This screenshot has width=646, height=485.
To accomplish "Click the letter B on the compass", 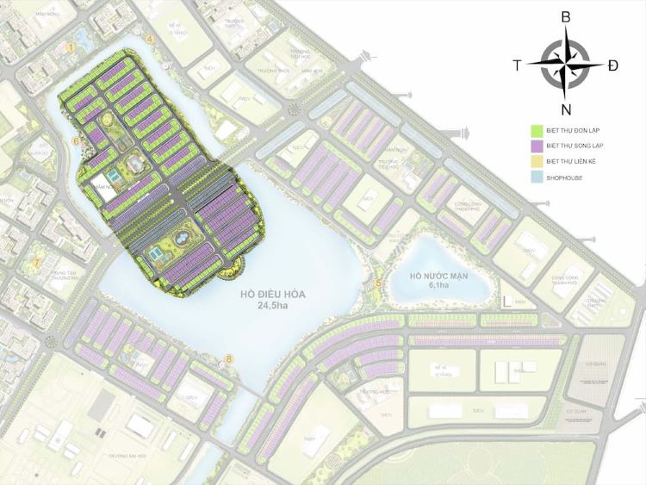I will (565, 17).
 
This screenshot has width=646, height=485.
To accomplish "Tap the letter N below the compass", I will (566, 109).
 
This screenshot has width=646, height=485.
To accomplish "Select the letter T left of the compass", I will (517, 65).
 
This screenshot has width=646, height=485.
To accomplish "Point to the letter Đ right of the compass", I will (612, 65).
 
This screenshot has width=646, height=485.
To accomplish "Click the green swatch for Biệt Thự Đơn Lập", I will (535, 131).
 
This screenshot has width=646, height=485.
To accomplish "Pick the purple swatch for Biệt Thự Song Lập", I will (535, 147).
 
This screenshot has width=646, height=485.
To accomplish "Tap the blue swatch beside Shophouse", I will (535, 180).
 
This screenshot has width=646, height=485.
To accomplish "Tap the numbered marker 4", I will (149, 39).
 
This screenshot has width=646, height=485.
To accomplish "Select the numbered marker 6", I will (76, 141).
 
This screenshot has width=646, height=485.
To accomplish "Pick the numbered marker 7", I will (37, 262).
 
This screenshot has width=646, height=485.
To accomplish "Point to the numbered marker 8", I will (228, 358).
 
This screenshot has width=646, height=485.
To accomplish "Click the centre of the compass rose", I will (565, 64).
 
